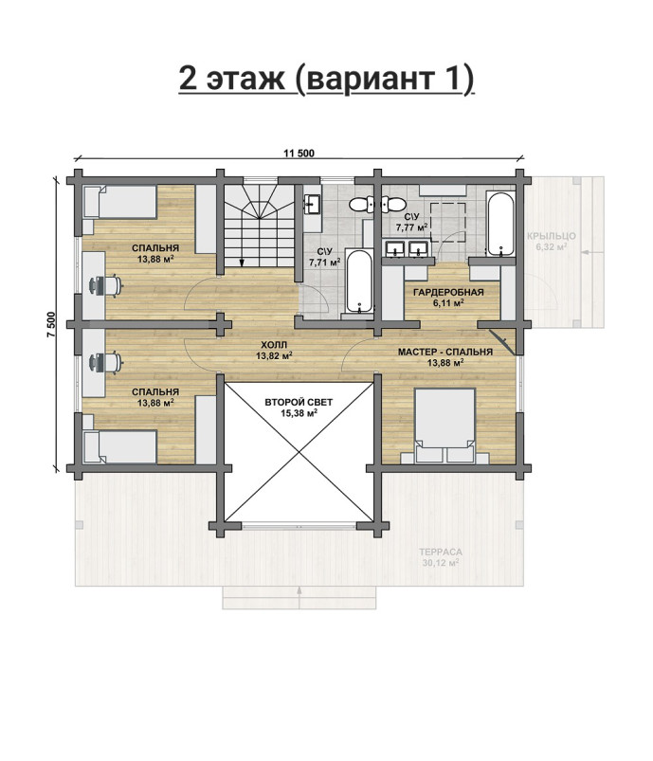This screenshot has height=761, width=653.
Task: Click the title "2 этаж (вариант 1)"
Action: click(x=326, y=79)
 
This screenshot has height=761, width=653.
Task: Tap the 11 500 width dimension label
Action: click(x=299, y=154)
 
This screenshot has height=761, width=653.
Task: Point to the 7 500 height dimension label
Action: click(x=52, y=324)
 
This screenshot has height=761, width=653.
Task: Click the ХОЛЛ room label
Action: click(x=274, y=345)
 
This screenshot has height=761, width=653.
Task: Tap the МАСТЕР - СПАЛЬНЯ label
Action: click(x=445, y=352)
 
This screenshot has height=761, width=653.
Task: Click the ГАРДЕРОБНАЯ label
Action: click(x=448, y=292)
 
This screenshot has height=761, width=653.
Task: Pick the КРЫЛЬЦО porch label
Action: click(x=552, y=236)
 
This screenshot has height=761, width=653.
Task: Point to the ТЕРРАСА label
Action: click(x=441, y=552)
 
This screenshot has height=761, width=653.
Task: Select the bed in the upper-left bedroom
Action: click(x=120, y=202)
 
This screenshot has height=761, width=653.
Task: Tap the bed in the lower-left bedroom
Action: click(x=120, y=446)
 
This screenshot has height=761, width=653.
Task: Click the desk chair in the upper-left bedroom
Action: click(x=104, y=285)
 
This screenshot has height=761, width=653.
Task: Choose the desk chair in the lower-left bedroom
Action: click(x=104, y=362)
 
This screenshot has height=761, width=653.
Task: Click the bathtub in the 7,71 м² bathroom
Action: click(x=359, y=281)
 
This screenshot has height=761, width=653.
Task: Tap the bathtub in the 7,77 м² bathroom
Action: click(x=500, y=224)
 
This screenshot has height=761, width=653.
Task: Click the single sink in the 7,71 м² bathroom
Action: click(x=311, y=205)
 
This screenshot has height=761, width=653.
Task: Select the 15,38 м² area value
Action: click(x=299, y=413)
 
